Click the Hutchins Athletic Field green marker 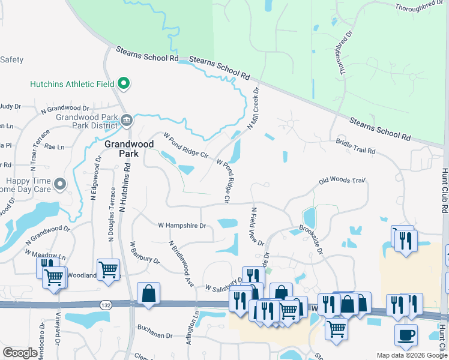click(124, 83)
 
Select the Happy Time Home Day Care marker click(59, 184)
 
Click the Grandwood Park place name click(129, 149)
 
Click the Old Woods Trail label click(342, 180)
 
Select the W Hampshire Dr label click(182, 226)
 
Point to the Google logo click(20, 353)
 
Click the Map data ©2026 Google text click(411, 355)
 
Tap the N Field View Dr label click(258, 227)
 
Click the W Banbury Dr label click(145, 253)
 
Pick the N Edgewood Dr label click(95, 178)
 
